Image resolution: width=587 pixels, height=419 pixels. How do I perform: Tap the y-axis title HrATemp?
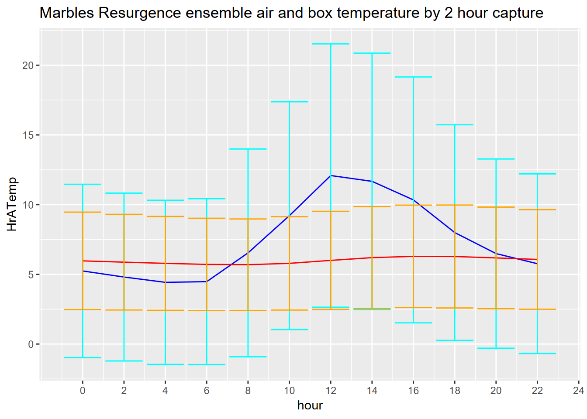(x=12, y=204)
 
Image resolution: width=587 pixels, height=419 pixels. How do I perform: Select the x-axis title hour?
(x=310, y=405)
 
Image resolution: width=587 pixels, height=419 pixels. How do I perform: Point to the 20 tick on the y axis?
(x=28, y=65)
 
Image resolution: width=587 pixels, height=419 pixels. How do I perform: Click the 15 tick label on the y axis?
(x=28, y=135)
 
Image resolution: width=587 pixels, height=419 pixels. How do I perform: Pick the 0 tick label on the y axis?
(x=31, y=344)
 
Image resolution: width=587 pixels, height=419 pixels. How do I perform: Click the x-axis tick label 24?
(x=578, y=391)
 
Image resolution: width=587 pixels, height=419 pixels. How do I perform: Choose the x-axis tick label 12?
(x=331, y=391)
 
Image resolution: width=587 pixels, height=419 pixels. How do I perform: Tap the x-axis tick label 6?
(x=207, y=391)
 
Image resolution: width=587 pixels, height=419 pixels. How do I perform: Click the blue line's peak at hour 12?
(x=331, y=175)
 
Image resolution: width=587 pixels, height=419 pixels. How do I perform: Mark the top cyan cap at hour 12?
(x=331, y=44)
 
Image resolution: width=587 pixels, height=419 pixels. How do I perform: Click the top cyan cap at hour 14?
(x=372, y=53)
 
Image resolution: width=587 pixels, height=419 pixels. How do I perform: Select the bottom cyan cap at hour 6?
(x=207, y=364)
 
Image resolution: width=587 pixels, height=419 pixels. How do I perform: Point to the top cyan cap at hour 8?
(x=248, y=149)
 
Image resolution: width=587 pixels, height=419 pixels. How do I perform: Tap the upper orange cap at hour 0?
(x=83, y=212)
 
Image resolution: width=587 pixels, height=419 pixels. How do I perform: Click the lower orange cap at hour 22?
(x=537, y=309)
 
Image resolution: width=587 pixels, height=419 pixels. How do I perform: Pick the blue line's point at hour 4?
(x=165, y=282)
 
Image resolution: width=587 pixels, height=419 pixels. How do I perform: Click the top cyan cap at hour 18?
(x=455, y=125)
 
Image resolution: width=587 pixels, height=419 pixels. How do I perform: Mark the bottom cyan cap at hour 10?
(x=289, y=330)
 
